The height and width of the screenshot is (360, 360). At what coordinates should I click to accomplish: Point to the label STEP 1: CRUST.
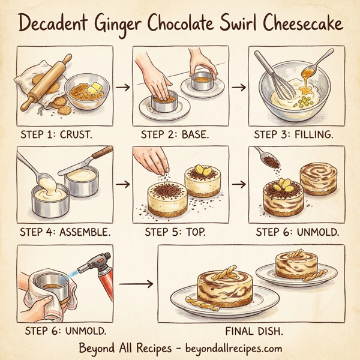[x=56, y=134]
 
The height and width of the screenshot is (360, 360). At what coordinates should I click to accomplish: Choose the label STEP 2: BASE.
[x=175, y=134]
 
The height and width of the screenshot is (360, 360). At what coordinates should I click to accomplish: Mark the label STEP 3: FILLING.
[x=295, y=134]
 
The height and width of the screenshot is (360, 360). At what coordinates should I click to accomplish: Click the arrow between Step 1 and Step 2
[x=122, y=87]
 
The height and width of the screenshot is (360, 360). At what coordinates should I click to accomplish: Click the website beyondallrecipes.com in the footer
[x=227, y=347]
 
